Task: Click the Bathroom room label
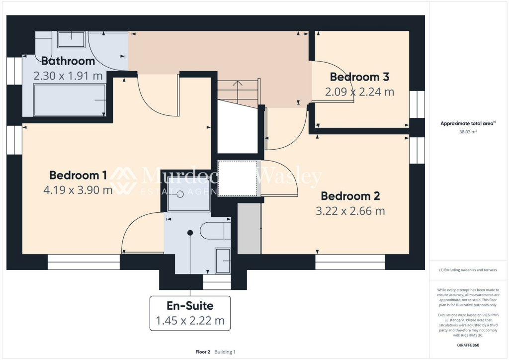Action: [x=68, y=61]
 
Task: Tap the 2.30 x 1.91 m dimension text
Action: [x=68, y=76]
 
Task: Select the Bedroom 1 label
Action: [x=78, y=175]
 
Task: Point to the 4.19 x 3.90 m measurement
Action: [x=78, y=190]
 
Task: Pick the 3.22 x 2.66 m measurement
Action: [x=350, y=211]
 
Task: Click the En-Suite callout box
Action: [x=190, y=313]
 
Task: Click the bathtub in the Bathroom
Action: [x=69, y=100]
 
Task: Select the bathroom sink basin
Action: [x=71, y=38]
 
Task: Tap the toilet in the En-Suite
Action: [x=215, y=231]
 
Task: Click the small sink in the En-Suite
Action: [x=222, y=260]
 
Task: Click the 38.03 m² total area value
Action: [x=467, y=132]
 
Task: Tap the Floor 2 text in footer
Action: [x=203, y=352]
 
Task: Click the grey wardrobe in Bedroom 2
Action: [x=249, y=228]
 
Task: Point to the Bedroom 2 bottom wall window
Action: [x=350, y=262]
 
